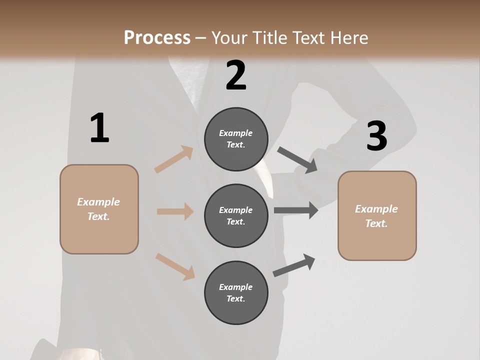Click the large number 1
(x=99, y=128)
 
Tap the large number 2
(x=236, y=75)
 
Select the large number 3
(x=376, y=136)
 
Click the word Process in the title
(x=157, y=37)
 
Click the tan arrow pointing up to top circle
(x=174, y=159)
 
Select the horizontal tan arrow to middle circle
(x=175, y=211)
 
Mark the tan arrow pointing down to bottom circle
(x=175, y=266)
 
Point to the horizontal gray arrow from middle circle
(x=295, y=210)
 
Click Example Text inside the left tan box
(x=98, y=209)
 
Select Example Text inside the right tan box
(x=376, y=216)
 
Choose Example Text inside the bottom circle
(x=236, y=292)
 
